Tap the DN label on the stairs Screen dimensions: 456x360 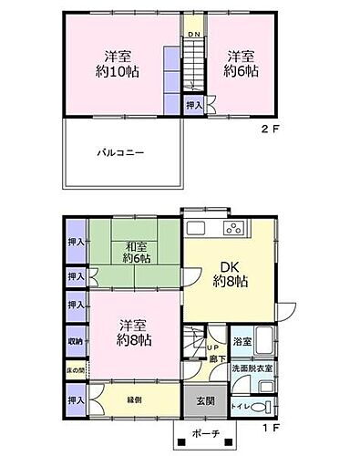194,35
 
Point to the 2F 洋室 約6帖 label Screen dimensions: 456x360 240,62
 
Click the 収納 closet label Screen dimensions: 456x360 76,343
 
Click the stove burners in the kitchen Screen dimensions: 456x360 233,228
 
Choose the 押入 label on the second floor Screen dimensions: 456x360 194,106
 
